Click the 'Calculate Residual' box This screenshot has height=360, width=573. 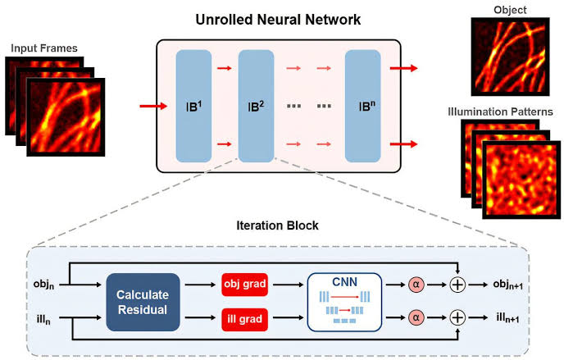tap(137, 302)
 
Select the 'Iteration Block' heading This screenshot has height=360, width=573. tap(279, 224)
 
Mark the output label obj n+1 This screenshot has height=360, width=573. tap(504, 285)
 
